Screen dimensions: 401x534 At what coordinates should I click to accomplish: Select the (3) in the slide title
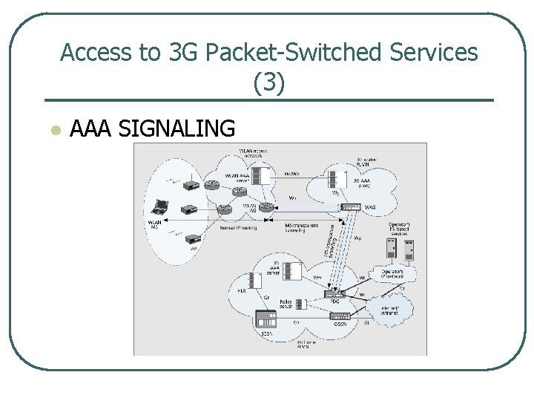pos(268,82)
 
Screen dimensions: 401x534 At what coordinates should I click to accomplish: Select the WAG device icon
pos(351,207)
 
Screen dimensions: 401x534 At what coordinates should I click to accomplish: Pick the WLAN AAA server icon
pos(260,176)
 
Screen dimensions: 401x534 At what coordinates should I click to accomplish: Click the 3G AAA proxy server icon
pos(338,178)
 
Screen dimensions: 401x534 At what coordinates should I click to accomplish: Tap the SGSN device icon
pos(266,320)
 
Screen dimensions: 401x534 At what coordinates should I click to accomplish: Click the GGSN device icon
pos(340,316)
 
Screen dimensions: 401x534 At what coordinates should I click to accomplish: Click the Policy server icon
pos(301,304)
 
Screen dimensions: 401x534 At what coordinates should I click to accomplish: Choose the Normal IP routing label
pos(239,228)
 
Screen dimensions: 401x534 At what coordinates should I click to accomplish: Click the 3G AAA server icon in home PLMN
pos(292,272)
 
